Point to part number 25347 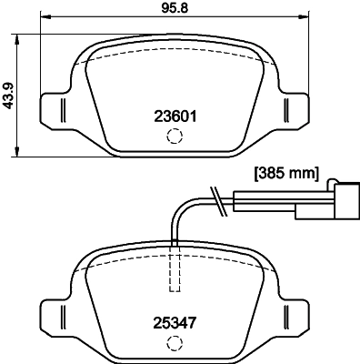(x=173, y=321)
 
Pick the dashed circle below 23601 (x=173, y=136)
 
